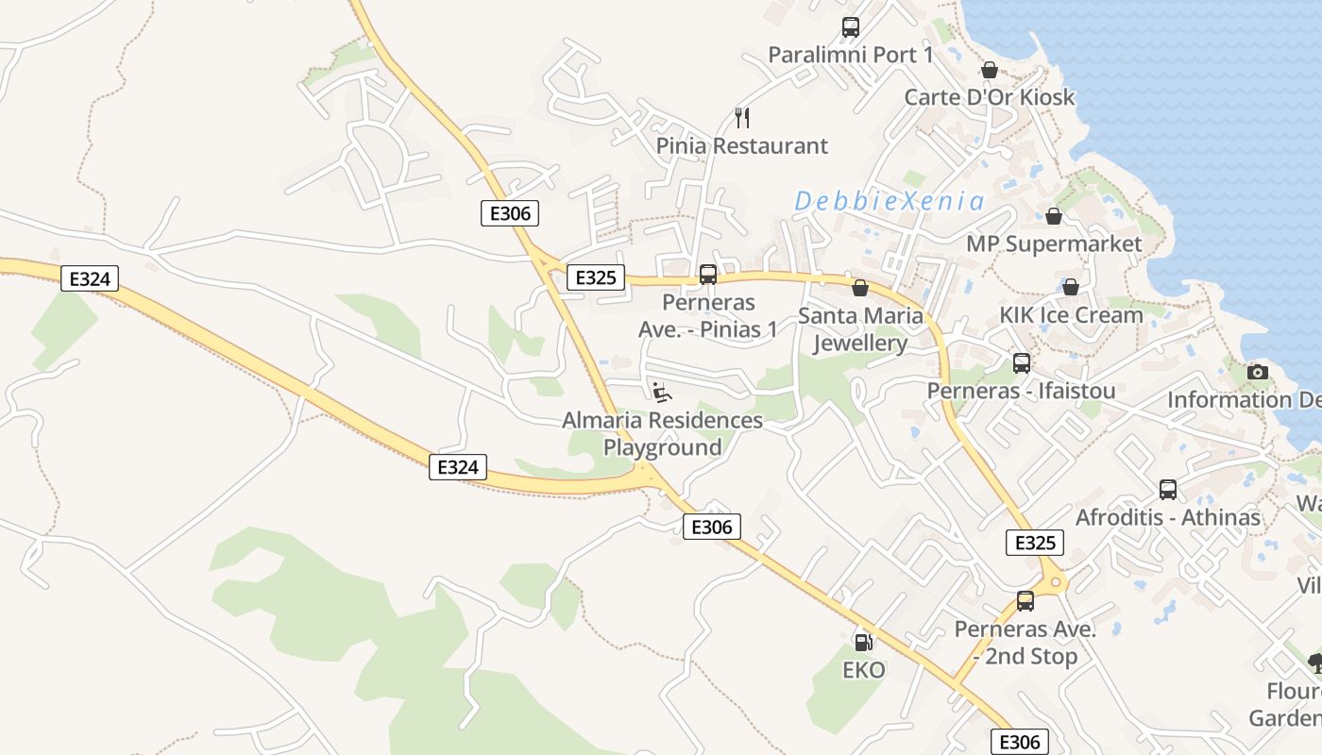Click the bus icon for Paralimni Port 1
tap(850, 27)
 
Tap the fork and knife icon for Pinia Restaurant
tap(742, 118)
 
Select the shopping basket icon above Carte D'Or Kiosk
tap(989, 70)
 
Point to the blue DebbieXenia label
tap(889, 201)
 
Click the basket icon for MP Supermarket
tap(1054, 216)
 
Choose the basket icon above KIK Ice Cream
tap(1070, 287)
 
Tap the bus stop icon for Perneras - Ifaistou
tap(1021, 363)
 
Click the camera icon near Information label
tap(1257, 372)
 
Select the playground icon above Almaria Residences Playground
tap(662, 392)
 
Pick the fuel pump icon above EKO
tap(863, 643)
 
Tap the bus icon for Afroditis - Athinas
tap(1168, 490)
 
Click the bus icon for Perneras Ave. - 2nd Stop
tap(1025, 601)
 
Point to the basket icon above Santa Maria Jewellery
tap(859, 288)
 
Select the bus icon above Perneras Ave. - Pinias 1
tap(707, 275)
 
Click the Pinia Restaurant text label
tap(741, 146)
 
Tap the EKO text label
tap(863, 670)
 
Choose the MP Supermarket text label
tap(1054, 244)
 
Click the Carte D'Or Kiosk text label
tap(989, 97)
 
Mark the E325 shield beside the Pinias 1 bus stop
tap(595, 277)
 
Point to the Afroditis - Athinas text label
tap(1168, 517)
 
